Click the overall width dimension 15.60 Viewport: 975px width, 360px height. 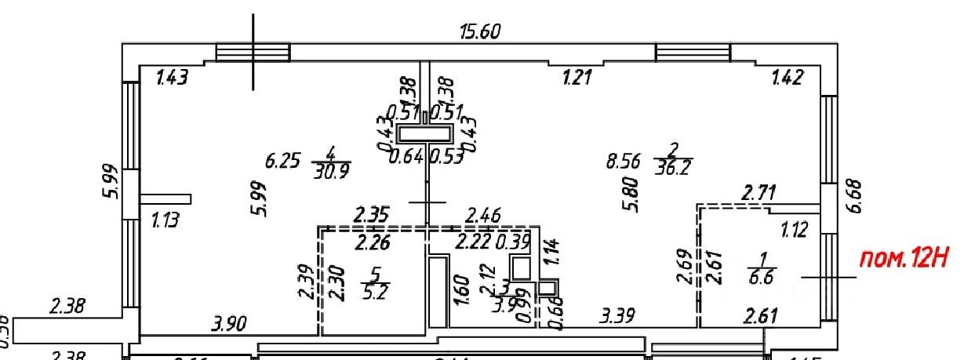tap(479, 31)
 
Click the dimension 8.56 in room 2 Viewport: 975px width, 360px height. tap(623, 162)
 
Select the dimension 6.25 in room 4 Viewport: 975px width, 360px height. tap(282, 162)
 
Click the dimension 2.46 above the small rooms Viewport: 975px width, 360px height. tap(484, 215)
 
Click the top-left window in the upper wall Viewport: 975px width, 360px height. tap(253, 53)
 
